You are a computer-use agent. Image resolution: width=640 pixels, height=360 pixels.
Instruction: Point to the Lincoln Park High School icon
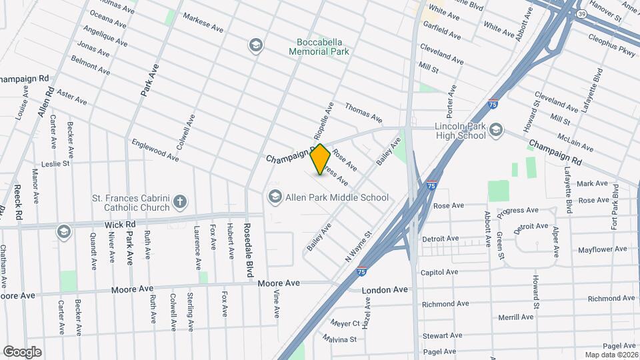click(495, 130)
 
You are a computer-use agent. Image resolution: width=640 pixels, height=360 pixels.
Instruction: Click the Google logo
click(22, 351)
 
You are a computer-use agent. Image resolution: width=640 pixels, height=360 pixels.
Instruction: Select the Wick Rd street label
click(124, 225)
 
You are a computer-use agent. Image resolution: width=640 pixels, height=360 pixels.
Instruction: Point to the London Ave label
click(385, 291)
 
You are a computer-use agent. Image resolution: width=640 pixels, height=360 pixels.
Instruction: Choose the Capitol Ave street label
click(439, 272)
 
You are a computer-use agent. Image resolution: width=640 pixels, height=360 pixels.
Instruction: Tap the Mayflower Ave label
click(602, 249)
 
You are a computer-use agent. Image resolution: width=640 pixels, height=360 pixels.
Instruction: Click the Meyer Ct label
click(345, 324)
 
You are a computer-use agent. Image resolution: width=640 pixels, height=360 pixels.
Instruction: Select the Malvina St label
click(337, 339)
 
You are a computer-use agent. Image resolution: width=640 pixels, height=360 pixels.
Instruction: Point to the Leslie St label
click(55, 163)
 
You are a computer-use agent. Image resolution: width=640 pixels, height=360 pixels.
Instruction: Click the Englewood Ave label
click(155, 150)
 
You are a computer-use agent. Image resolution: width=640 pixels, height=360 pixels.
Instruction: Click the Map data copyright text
click(611, 355)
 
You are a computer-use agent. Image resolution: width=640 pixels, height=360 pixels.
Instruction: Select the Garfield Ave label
click(441, 32)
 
